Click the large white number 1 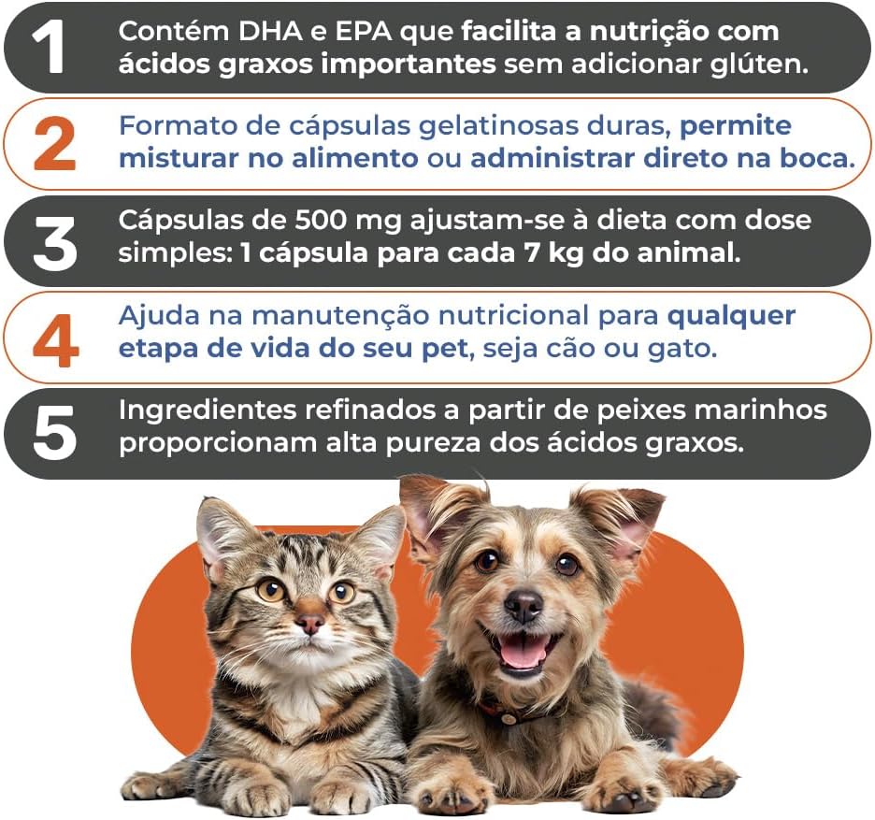[x=49, y=48]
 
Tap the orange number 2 [x=54, y=145]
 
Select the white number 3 [x=54, y=243]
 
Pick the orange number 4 [x=55, y=340]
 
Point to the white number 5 [x=54, y=433]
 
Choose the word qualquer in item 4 [x=731, y=317]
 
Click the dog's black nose [x=523, y=606]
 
